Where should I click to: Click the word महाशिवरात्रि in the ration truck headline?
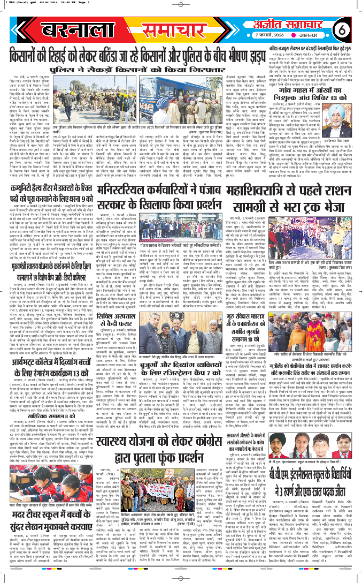tap(287, 173)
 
